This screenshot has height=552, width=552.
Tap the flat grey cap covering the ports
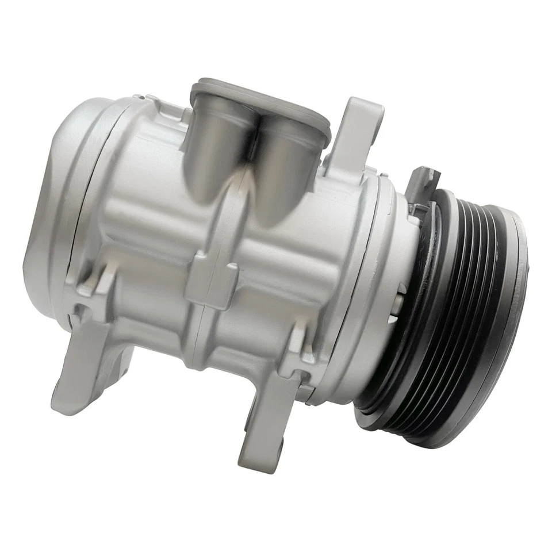click(x=262, y=103)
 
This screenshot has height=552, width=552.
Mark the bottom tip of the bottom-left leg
click(x=63, y=405)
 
